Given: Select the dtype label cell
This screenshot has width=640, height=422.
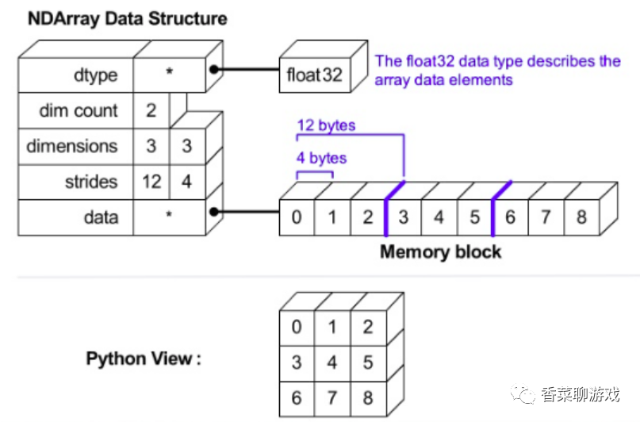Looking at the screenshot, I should [x=75, y=75].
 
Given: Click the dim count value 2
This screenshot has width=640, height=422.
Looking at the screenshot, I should [x=151, y=110].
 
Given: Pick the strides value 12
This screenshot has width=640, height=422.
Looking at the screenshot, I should [x=151, y=182].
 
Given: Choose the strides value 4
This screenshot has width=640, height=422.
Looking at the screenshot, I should [x=186, y=182].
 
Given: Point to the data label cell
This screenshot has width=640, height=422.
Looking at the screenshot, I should [x=75, y=217].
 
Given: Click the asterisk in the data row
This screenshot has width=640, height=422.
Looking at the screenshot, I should [x=169, y=216].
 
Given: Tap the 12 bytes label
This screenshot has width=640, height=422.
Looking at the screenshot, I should [x=326, y=125].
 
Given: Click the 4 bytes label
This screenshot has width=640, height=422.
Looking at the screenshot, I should [x=321, y=158].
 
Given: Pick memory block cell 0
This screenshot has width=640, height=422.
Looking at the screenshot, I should [x=296, y=217].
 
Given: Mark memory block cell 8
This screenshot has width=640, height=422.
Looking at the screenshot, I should [x=581, y=217].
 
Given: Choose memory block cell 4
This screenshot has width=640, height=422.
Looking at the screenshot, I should [x=439, y=217].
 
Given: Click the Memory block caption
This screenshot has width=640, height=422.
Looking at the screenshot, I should [x=440, y=252].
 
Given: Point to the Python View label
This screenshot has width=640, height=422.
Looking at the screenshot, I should [x=144, y=359].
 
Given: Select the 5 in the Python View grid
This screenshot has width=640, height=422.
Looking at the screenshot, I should [x=367, y=363].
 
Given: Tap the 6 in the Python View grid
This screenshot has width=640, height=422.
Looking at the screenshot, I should [x=297, y=397].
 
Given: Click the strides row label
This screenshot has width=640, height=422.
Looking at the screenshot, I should [x=90, y=182].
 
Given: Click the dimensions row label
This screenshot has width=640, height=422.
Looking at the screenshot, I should [x=71, y=146].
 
